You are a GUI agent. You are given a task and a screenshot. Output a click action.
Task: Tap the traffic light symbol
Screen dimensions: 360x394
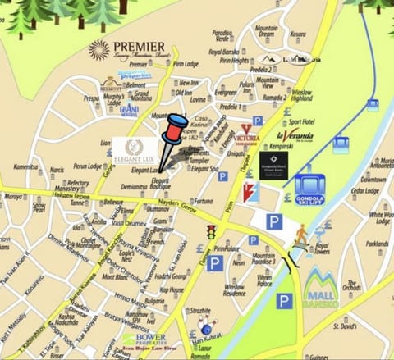tap(210, 232)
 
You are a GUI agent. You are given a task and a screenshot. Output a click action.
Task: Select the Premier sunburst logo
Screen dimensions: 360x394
tap(99, 50)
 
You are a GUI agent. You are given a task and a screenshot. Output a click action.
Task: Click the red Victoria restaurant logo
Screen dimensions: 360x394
tap(250, 134)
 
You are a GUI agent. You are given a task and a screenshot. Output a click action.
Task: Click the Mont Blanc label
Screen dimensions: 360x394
tap(113, 277)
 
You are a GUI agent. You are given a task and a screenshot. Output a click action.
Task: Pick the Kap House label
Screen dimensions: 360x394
tap(172, 289)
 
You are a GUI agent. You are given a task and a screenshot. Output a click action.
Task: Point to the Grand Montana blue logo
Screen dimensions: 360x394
tap(129, 108)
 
